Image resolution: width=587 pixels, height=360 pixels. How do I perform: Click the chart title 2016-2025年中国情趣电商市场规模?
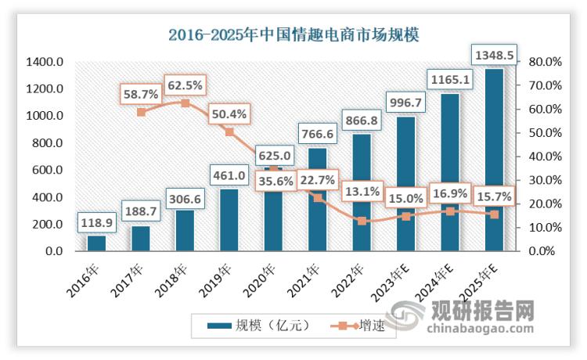[293, 35]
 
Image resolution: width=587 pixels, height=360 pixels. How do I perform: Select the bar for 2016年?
[96, 243]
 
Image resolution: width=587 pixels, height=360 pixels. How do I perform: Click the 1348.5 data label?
[494, 56]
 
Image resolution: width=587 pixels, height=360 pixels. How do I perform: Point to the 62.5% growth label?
[185, 83]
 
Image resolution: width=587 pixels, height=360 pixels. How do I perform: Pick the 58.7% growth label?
[141, 93]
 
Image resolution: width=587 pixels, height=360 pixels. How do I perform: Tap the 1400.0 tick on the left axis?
[44, 62]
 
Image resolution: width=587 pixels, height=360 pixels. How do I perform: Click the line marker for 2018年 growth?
[185, 103]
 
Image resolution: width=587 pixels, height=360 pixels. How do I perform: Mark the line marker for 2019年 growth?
[229, 132]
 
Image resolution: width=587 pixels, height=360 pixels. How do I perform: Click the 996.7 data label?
[405, 103]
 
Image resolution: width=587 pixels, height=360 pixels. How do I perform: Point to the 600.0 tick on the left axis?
[44, 171]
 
